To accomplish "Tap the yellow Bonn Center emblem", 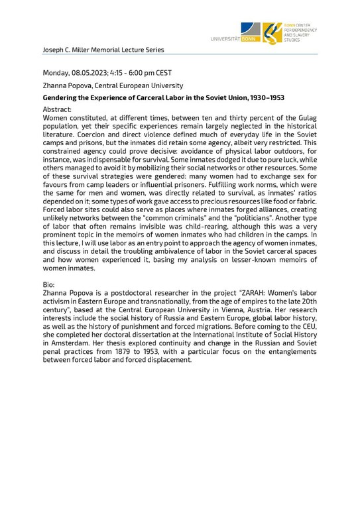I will tap(271, 32).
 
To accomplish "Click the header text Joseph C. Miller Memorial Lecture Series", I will tap(103, 50).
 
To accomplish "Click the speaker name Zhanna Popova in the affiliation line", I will tap(68, 85).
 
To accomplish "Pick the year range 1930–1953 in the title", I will tap(265, 97).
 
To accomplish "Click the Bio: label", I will tap(50, 284).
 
